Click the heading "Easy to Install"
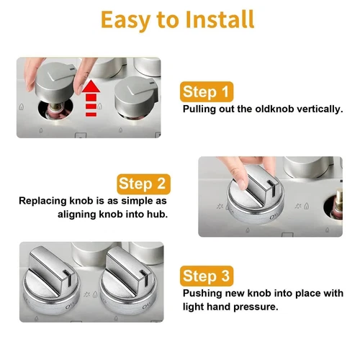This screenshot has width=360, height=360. (x=177, y=19)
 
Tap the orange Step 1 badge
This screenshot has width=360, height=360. (x=207, y=91)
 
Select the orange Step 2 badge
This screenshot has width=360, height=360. (x=145, y=183)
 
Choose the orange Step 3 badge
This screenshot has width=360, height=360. (x=207, y=276)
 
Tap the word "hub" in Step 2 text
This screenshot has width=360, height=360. (x=157, y=215)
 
